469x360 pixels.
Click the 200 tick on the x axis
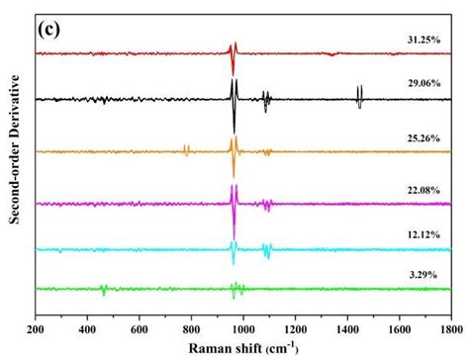tap(36, 330)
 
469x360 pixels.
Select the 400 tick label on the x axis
tap(87, 330)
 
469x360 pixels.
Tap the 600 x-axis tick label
tap(140, 330)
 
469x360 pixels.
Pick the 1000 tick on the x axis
tap(242, 330)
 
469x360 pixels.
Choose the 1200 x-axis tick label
tap(295, 330)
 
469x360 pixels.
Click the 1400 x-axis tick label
tap(347, 330)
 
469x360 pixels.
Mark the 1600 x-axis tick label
tap(399, 330)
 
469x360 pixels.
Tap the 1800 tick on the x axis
tap(450, 330)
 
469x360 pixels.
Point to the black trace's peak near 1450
tap(359, 95)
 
